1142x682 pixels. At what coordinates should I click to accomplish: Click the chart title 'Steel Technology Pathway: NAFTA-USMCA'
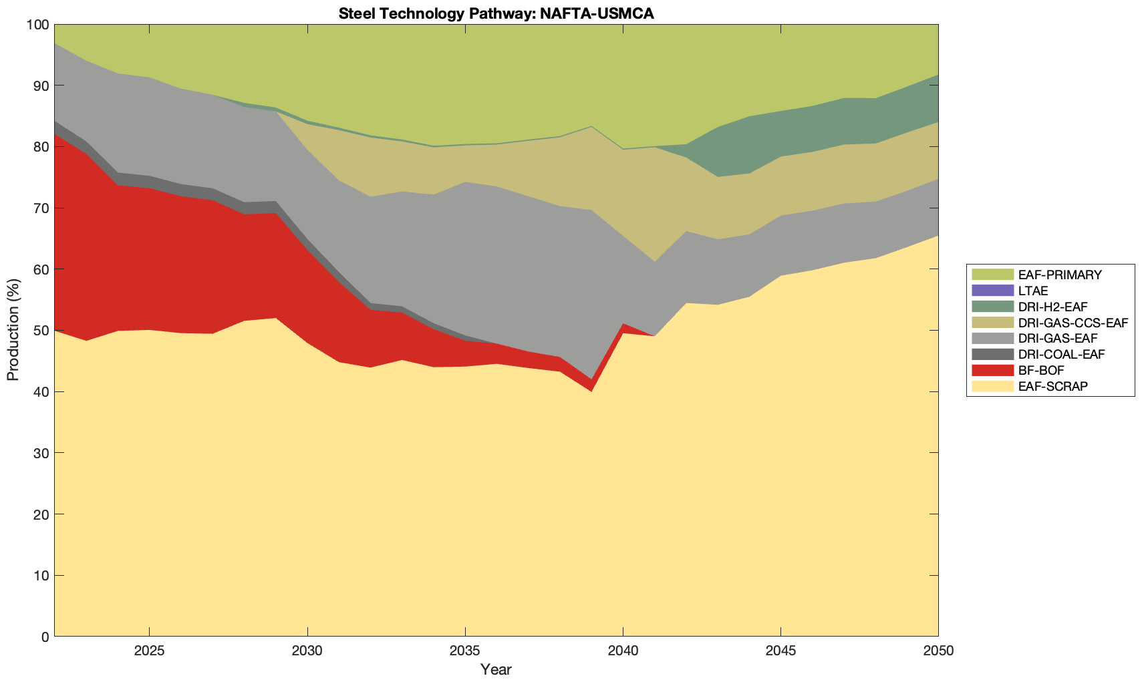tap(496, 13)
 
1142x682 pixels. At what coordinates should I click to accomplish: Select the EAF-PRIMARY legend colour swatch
tap(992, 275)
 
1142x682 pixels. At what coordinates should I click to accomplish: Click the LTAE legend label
tap(1033, 291)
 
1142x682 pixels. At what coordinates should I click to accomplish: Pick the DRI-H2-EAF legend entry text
tap(1053, 307)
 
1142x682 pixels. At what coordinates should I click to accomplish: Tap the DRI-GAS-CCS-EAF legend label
tap(1073, 323)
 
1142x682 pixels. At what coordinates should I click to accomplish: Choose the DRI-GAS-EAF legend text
tap(1058, 339)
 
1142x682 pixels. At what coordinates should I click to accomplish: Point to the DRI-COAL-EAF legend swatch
tap(992, 355)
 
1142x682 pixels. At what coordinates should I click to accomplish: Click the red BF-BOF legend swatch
tap(992, 371)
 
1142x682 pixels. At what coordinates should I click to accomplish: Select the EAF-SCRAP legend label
tap(1052, 387)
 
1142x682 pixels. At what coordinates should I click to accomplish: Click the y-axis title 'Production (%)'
tap(13, 330)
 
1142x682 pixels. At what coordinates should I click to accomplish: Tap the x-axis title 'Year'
tap(496, 669)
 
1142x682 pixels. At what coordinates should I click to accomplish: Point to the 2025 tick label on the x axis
tap(149, 651)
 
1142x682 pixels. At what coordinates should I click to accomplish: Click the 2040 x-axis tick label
tap(623, 651)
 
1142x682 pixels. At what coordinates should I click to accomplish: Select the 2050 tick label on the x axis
tap(938, 651)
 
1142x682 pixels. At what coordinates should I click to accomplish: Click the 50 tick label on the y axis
tap(41, 331)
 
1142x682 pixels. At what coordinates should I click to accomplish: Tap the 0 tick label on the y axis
tap(45, 637)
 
